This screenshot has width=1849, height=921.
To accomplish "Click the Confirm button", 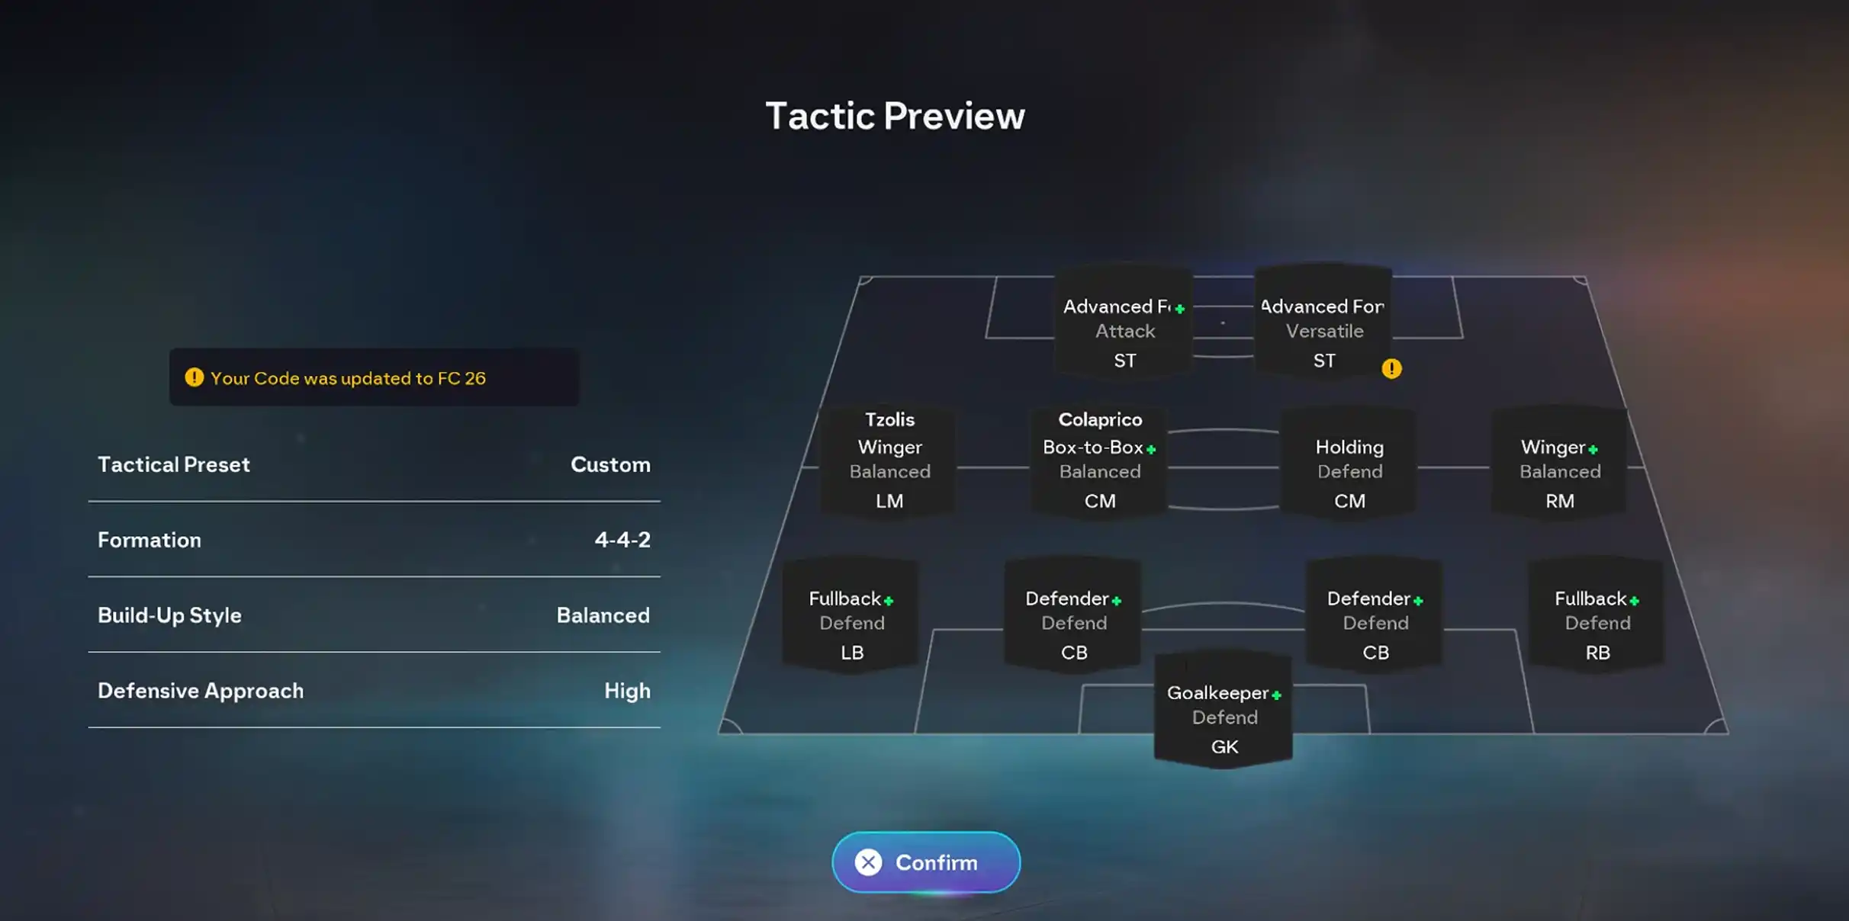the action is coord(925,862).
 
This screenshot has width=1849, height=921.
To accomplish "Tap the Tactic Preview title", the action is coord(895,116).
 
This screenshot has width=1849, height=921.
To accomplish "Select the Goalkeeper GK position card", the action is coord(1224,710).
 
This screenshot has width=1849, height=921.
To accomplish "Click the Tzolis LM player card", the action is coord(889,461).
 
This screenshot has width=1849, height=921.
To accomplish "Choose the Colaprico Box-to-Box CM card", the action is coord(1099,461).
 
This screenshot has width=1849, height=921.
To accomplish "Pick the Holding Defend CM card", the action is coord(1349,461).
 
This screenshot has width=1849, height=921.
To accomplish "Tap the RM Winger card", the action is coord(1559,461).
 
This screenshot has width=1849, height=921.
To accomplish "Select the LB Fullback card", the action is coord(851,615).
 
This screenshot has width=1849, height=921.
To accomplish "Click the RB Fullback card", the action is coord(1597,615).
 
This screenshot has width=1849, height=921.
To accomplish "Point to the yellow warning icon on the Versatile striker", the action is coord(1391,369).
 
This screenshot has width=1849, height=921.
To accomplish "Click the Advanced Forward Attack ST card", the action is coord(1124,321).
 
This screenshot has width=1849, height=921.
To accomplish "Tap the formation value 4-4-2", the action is coord(622,540).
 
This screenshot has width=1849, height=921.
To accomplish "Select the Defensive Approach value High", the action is coord(627,691).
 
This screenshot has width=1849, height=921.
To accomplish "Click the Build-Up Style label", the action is coord(169,615).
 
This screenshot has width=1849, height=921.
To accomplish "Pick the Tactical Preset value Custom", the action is coord(610,464).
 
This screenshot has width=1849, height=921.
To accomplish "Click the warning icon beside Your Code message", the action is coord(195,377).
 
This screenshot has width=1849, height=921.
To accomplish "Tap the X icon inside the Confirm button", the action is coord(868,862).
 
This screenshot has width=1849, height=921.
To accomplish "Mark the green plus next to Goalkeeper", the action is coord(1276,695).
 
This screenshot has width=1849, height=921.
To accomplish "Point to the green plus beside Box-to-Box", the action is coord(1151,449).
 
